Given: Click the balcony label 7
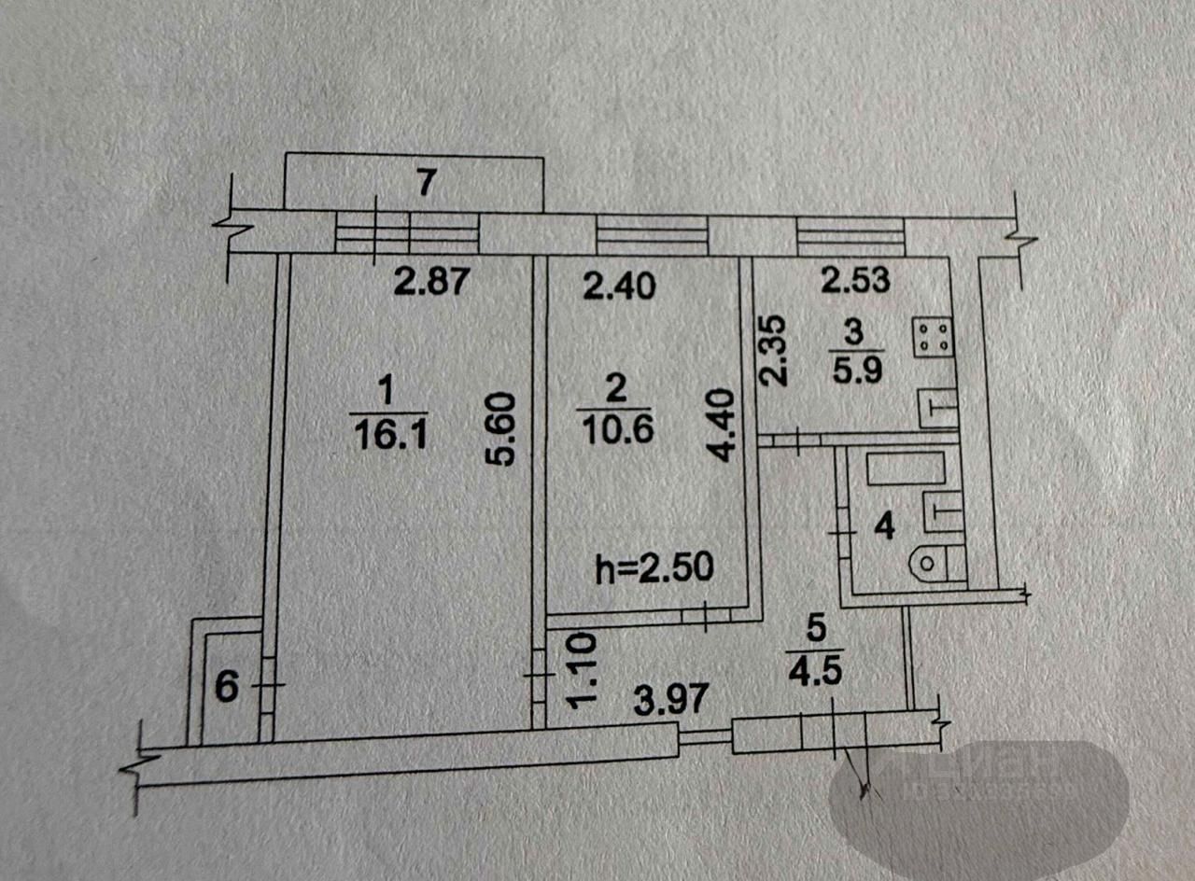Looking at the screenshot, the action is click(x=426, y=184).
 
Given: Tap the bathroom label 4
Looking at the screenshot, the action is click(x=884, y=527).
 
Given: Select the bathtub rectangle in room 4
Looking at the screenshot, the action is click(x=907, y=468).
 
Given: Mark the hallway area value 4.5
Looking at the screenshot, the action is click(x=814, y=671).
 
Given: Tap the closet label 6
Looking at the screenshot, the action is click(x=228, y=689).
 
